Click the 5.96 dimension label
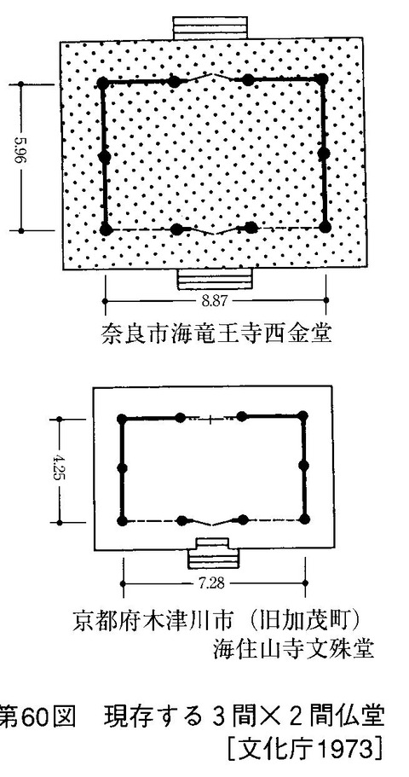point(31,157)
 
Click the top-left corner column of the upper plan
point(104,82)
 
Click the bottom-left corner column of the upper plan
point(106,229)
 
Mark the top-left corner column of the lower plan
point(123,419)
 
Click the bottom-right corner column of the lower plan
point(303,519)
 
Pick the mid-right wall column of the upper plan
point(324,154)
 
